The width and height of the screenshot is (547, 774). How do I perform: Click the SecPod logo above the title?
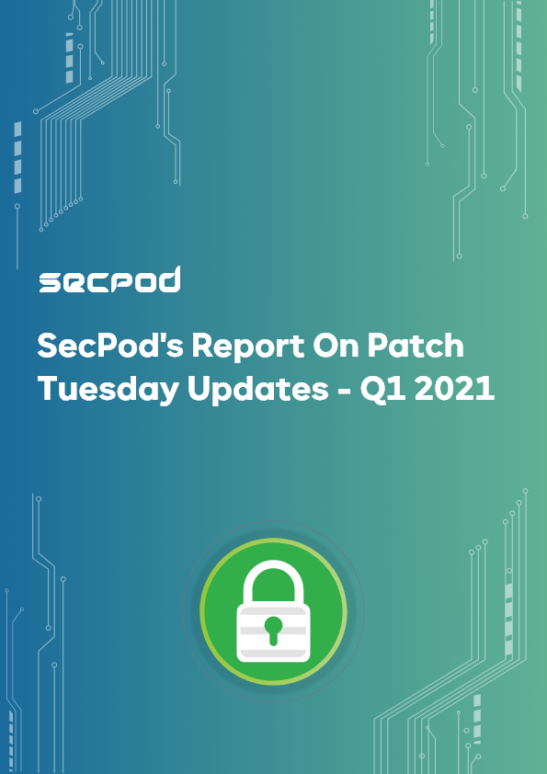pyautogui.click(x=109, y=279)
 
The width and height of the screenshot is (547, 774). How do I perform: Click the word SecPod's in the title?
pyautogui.click(x=110, y=346)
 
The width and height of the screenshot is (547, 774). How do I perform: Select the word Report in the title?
pyautogui.click(x=248, y=347)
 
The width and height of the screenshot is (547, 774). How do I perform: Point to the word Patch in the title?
pyautogui.click(x=416, y=345)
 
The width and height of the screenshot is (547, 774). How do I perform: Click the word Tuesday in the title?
pyautogui.click(x=108, y=390)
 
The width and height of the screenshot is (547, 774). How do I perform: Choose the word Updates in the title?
pyautogui.click(x=257, y=390)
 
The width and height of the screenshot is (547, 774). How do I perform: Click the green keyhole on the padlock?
pyautogui.click(x=273, y=630)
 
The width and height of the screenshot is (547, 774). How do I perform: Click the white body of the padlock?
pyautogui.click(x=273, y=633)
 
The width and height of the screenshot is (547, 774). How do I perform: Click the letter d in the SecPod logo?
pyautogui.click(x=169, y=279)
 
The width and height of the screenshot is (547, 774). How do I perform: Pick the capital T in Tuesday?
pyautogui.click(x=49, y=389)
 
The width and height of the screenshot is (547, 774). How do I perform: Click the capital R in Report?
pyautogui.click(x=203, y=346)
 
